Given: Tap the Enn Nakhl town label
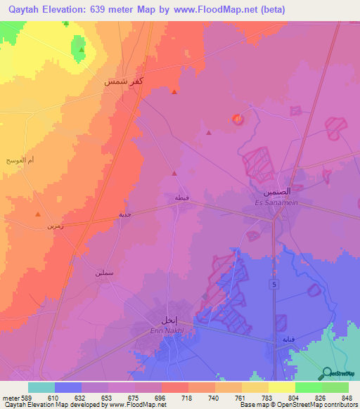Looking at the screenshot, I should click(x=167, y=330).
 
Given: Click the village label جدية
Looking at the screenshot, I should click(x=124, y=214).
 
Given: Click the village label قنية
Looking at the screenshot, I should click(x=289, y=339).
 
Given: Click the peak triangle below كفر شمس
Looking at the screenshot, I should click(x=174, y=91).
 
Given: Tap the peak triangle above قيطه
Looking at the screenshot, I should click(x=174, y=173).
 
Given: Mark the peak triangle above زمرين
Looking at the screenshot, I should click(x=37, y=214).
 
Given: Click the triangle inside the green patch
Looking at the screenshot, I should click(x=82, y=49).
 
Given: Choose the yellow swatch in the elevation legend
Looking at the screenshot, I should click(x=281, y=387).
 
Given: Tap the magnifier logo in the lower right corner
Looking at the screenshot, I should click(x=327, y=372).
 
